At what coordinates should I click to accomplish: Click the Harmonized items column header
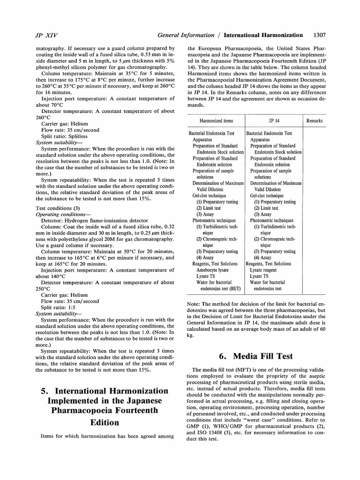coord(216,120)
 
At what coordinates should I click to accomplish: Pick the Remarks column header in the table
coord(314,120)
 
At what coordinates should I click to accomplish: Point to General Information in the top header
coord(189,34)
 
